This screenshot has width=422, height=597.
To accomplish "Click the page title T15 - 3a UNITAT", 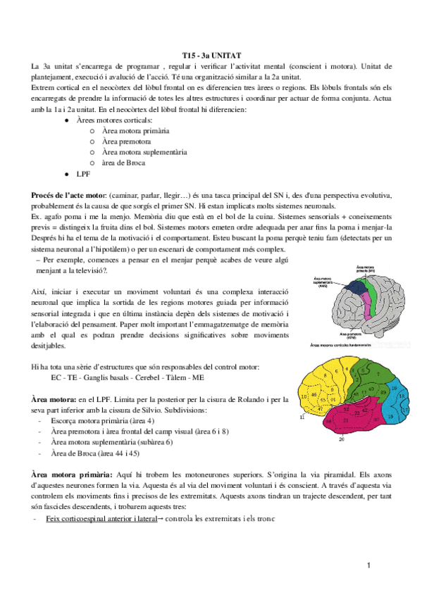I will (210, 54).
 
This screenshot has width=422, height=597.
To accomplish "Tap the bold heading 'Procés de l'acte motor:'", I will (68, 194).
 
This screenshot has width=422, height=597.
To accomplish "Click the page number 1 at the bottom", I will (368, 565).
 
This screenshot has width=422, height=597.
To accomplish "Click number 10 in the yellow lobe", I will (304, 398).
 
